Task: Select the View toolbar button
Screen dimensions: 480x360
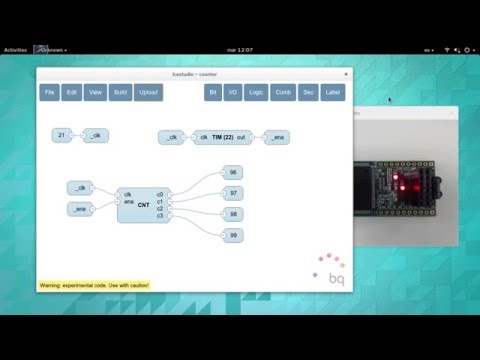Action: pos(96,92)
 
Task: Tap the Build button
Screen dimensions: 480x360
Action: pos(119,92)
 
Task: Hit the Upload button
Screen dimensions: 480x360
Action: pos(148,92)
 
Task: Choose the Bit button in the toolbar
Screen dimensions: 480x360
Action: pos(212,92)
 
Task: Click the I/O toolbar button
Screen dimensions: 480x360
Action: pos(232,92)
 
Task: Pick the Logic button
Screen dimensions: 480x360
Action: pos(256,92)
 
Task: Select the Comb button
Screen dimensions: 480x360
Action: pos(282,92)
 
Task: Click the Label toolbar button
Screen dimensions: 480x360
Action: pos(332,92)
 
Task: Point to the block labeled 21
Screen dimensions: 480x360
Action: pos(62,135)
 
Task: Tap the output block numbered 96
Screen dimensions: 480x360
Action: pos(232,172)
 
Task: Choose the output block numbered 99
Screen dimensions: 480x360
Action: pos(232,235)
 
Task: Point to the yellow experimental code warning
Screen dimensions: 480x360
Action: pos(94,285)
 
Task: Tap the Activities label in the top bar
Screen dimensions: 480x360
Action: pos(16,49)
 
